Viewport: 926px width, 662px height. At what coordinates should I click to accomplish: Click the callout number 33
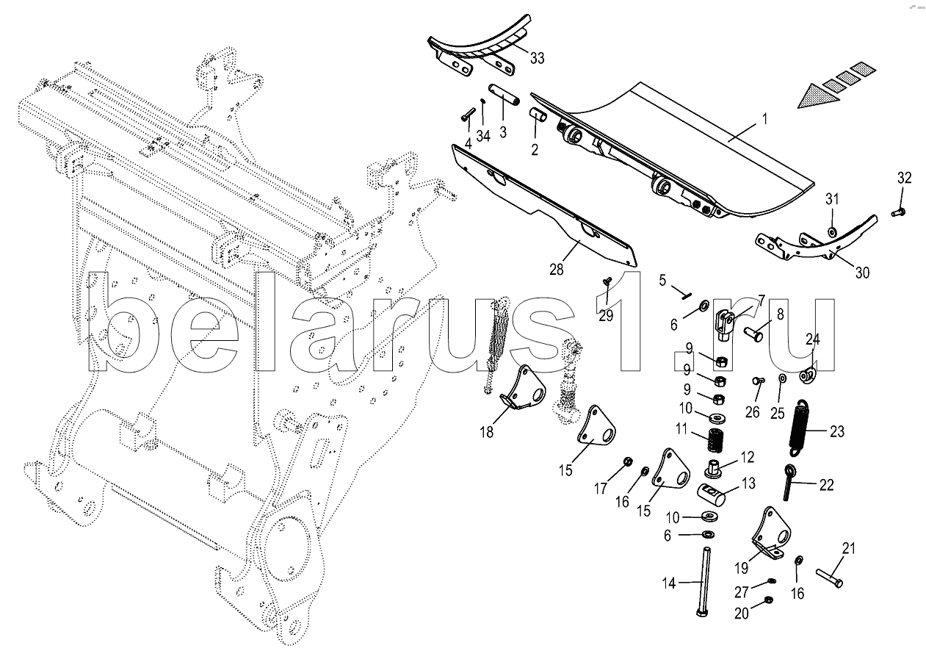pyautogui.click(x=537, y=58)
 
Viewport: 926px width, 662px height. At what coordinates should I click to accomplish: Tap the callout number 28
pyautogui.click(x=556, y=270)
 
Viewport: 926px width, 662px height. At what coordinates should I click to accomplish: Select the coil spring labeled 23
pyautogui.click(x=802, y=428)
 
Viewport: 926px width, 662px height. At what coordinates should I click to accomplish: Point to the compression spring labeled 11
pyautogui.click(x=717, y=441)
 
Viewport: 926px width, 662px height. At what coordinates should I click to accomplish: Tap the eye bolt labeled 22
pyautogui.click(x=789, y=481)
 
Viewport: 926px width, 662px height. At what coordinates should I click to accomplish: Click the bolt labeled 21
pyautogui.click(x=829, y=578)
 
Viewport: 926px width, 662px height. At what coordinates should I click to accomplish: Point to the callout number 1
pyautogui.click(x=764, y=120)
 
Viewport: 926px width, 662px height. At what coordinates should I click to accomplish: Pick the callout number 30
pyautogui.click(x=862, y=273)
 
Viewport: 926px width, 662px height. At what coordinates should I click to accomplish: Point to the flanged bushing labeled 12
pyautogui.click(x=715, y=469)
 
